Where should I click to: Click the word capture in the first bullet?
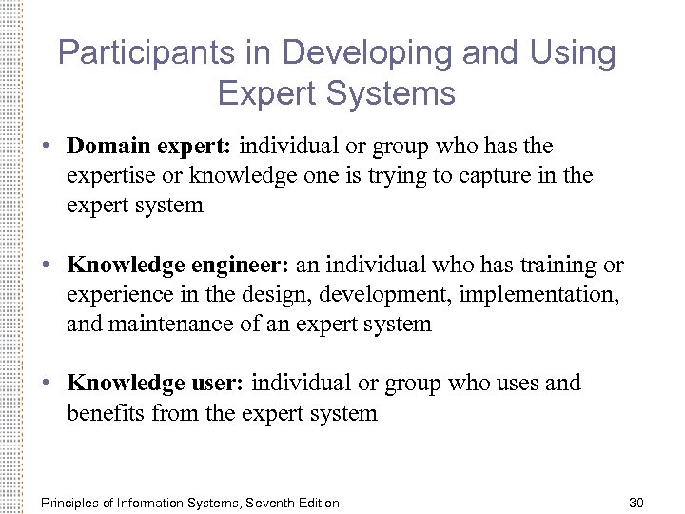(x=490, y=175)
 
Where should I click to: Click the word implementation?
(x=538, y=294)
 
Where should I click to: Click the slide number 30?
(x=636, y=503)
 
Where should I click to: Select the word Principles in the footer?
(x=68, y=503)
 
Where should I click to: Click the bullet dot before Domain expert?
(x=46, y=147)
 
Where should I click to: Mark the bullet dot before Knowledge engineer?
(x=46, y=266)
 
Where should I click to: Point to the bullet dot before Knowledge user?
(x=46, y=384)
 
